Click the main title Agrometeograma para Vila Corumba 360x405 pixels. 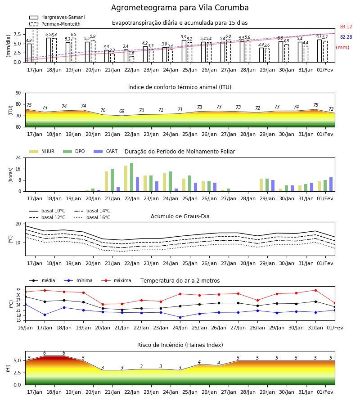tap(180, 8)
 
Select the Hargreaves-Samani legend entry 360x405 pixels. tap(57, 17)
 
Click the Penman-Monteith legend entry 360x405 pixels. tap(55, 24)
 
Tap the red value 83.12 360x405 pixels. tap(346, 27)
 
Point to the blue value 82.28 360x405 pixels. tap(346, 37)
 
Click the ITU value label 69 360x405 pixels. tap(122, 111)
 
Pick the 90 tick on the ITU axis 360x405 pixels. tap(18, 93)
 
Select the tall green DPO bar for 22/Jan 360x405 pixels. tap(132, 177)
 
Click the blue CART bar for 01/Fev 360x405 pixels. tap(331, 184)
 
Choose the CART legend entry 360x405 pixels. tap(106, 151)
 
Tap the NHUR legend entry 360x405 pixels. tap(42, 151)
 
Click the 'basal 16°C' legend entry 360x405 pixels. tap(92, 217)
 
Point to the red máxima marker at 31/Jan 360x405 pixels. tap(315, 290)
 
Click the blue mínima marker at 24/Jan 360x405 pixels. tap(180, 317)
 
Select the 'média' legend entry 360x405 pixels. tap(42, 280)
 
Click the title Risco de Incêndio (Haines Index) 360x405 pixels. tap(180, 345)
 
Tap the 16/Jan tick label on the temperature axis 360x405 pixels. tap(25, 328)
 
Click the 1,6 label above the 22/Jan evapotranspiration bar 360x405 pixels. tap(131, 53)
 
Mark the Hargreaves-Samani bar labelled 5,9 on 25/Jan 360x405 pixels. tap(184, 51)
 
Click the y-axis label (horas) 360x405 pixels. tap(11, 175)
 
